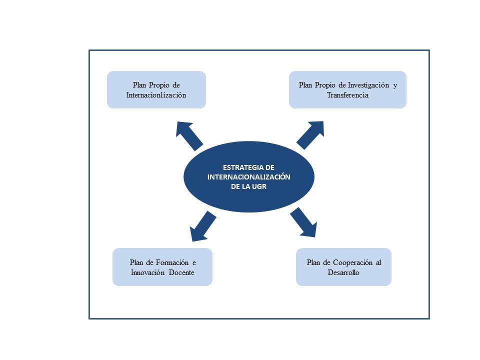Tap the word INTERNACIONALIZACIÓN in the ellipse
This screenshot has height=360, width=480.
tap(248, 177)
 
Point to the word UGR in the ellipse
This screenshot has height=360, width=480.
tap(261, 186)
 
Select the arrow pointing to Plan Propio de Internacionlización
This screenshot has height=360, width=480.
tap(189, 135)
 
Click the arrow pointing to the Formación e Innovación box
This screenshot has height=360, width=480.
tap(202, 226)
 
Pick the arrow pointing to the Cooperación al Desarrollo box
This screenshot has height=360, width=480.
tap(303, 222)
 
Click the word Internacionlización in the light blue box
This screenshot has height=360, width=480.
tap(156, 94)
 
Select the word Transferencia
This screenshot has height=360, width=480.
tap(347, 94)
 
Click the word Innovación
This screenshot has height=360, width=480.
tap(149, 272)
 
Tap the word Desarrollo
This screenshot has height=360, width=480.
tap(343, 272)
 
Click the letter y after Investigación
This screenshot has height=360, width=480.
tap(394, 85)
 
